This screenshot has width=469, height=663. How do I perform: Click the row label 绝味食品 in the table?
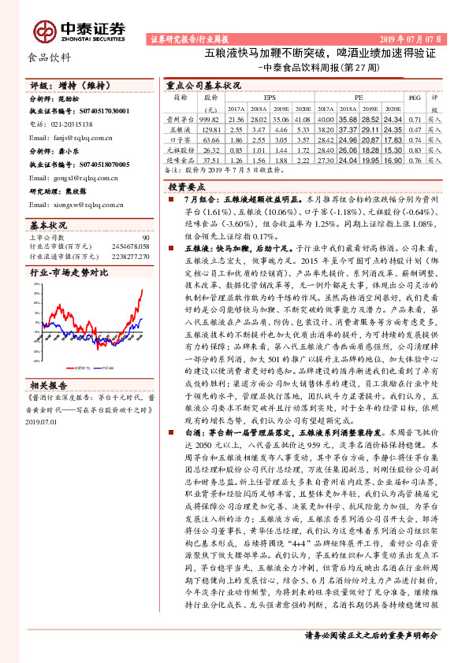(181, 158)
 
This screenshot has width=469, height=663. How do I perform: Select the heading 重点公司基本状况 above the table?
(203, 84)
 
